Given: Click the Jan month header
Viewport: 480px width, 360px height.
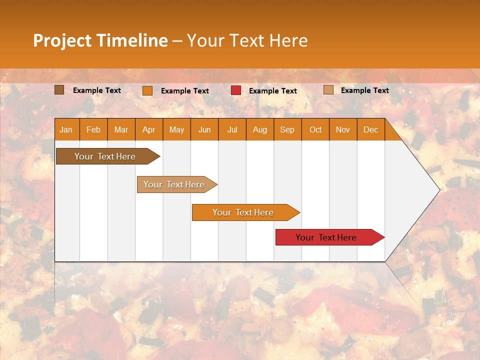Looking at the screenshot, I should point(66,129).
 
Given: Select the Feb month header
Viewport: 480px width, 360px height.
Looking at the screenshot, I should point(93,129).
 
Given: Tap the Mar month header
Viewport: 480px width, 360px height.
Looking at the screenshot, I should point(121,129).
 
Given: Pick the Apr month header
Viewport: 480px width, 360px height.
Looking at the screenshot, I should point(149,129).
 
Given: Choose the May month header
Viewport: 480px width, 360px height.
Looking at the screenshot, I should point(176,129).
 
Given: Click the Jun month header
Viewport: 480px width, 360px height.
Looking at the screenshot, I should point(204,129).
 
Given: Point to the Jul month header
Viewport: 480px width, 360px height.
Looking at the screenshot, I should point(232,129).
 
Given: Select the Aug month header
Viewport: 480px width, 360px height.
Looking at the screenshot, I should point(260,129).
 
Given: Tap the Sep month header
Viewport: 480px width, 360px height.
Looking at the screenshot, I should point(287,129).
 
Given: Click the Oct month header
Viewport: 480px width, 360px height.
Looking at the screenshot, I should point(315,129).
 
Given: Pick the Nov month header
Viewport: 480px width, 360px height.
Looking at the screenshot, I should point(343,129).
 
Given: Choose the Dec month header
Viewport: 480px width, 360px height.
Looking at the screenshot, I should point(371,129).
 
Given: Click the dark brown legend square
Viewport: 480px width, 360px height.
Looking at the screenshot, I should point(59,90).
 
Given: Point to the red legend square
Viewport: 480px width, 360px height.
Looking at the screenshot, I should point(236,90).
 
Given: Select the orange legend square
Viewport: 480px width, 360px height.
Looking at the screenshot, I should point(147,90).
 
